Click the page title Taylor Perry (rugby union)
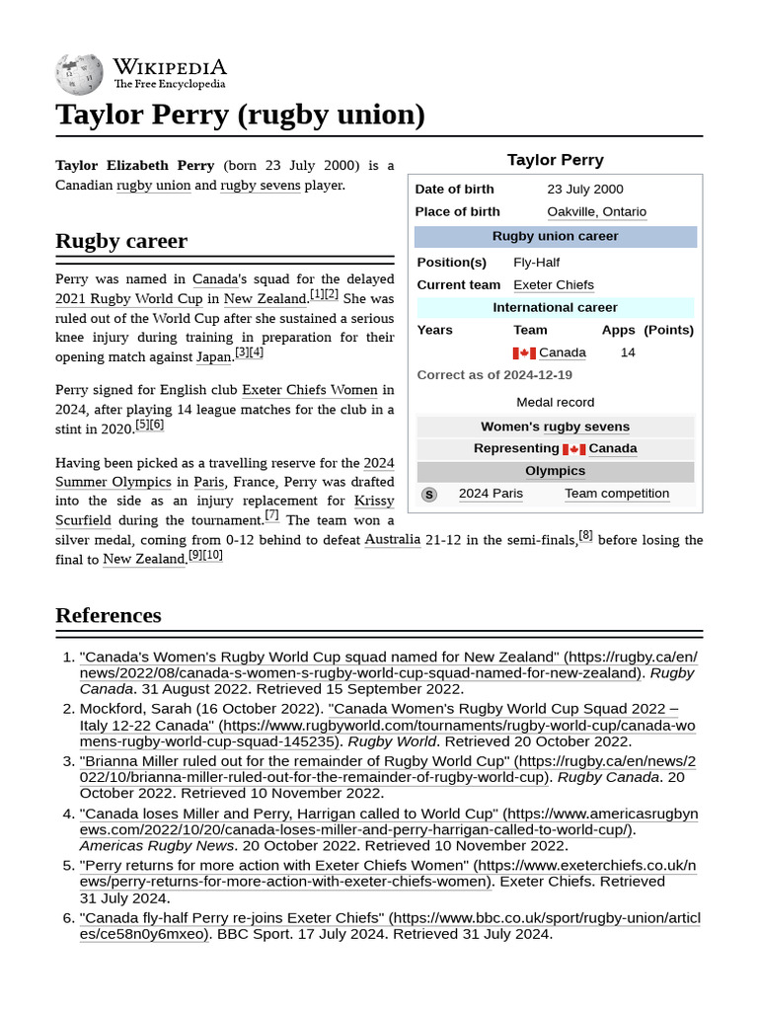(x=240, y=115)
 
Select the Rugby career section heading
(x=121, y=241)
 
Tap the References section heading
(x=108, y=615)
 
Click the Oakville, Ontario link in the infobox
(x=596, y=211)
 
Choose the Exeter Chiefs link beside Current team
(x=553, y=284)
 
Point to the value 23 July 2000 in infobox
(x=584, y=189)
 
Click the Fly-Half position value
(x=536, y=262)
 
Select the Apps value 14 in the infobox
(x=628, y=352)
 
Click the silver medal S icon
(x=428, y=495)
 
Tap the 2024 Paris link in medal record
(x=491, y=494)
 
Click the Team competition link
(x=616, y=494)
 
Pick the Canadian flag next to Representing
(x=573, y=449)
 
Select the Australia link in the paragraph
(x=392, y=540)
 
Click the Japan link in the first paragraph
(x=214, y=356)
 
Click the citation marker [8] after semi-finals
(x=585, y=535)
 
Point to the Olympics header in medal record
(x=555, y=471)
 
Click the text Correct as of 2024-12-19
(x=494, y=375)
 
